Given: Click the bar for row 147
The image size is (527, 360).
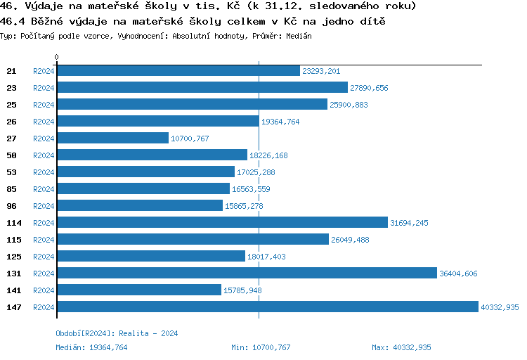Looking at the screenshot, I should click(267, 307).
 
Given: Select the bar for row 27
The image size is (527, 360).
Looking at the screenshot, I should click(112, 139).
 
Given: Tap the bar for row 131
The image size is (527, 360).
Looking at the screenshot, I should click(247, 273).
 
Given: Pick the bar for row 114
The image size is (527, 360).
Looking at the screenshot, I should click(222, 222).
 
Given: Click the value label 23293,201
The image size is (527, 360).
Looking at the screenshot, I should click(321, 71).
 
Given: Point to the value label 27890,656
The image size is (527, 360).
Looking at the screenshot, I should click(369, 88).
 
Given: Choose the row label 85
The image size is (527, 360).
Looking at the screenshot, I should click(11, 189).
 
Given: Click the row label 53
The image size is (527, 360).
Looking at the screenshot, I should click(11, 172).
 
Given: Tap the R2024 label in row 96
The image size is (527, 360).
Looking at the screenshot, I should click(44, 206).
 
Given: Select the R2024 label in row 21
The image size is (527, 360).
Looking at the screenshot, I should click(44, 71).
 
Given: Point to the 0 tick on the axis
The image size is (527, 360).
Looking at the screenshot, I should click(57, 57).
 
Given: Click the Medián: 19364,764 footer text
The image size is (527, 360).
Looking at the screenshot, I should click(91, 347).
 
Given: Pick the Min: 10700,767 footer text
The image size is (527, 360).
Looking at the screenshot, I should click(261, 347).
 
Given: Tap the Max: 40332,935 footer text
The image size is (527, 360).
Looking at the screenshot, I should click(401, 347).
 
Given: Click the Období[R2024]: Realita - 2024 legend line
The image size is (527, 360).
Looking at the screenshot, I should click(117, 333).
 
